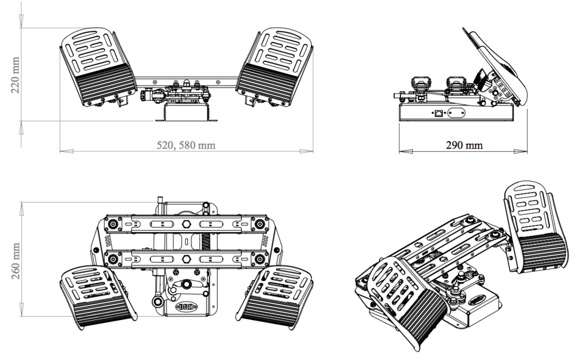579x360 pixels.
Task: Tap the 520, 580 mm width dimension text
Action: [x=186, y=145]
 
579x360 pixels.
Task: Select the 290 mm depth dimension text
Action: [x=464, y=145]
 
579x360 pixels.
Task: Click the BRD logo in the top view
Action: [x=186, y=306]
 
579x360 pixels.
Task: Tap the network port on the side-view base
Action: [x=439, y=113]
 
